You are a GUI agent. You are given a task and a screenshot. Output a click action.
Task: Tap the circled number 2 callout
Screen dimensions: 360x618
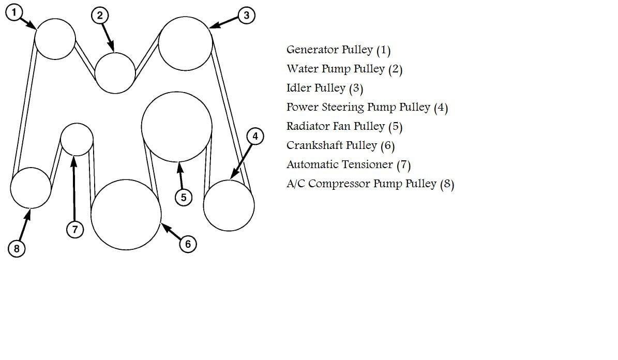point(100,16)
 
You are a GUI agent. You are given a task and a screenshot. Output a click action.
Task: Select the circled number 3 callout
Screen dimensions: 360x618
point(246,16)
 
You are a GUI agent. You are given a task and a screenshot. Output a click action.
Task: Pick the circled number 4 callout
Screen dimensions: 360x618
point(255,137)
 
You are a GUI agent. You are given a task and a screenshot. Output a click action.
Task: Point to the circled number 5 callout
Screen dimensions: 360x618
point(184,197)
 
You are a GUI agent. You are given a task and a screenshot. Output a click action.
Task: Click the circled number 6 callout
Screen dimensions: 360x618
point(188,244)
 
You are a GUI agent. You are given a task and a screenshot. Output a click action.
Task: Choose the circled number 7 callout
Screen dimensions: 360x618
point(75,230)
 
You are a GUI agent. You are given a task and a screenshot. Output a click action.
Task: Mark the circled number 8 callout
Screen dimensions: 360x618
point(17,249)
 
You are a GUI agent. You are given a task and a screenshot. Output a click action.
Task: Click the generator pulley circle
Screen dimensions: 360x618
point(55,39)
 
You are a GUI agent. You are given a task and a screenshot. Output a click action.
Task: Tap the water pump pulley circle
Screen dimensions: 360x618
point(115,73)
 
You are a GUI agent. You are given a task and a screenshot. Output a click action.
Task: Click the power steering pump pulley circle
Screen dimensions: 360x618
point(229,205)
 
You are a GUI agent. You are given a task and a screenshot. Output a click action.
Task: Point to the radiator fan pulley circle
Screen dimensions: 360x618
point(176,127)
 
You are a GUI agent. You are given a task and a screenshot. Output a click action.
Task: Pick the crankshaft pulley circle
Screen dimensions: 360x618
point(126,214)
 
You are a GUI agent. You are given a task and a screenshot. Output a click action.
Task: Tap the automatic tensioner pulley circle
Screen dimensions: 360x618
point(77,139)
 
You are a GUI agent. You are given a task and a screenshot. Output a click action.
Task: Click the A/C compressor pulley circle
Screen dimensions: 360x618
point(31,188)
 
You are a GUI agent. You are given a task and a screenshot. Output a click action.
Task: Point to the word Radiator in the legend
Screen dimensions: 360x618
point(307,126)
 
